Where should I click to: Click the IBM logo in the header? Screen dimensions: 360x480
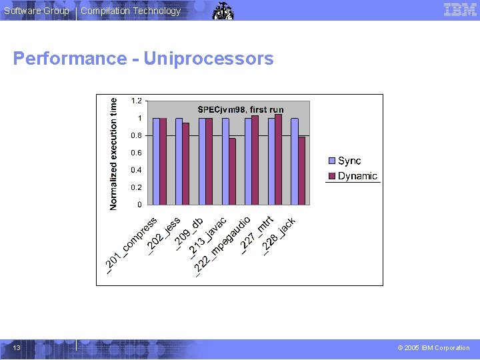click(460, 10)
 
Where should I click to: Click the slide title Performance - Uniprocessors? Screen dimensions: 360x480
click(143, 59)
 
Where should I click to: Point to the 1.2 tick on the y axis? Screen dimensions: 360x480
click(136, 101)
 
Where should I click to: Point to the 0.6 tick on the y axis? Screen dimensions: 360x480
click(136, 153)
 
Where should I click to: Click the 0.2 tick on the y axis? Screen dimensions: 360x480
click(136, 187)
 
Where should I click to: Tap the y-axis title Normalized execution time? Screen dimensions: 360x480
click(113, 153)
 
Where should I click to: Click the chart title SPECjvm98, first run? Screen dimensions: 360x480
click(241, 109)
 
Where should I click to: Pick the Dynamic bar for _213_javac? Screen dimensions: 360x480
click(232, 171)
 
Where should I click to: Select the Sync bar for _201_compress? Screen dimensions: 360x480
click(156, 161)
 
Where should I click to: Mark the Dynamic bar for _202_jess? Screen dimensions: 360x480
click(186, 163)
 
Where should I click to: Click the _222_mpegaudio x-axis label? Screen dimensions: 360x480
click(223, 246)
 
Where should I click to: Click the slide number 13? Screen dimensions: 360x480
click(16, 347)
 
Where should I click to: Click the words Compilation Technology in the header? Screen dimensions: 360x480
click(131, 11)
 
